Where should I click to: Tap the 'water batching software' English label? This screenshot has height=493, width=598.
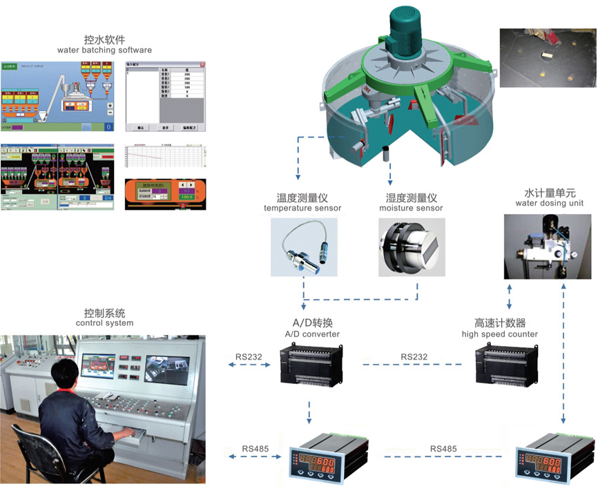pos(104,50)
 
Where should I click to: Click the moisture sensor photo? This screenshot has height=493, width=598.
pos(409,248)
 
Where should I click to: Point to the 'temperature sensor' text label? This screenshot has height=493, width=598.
pos(302,209)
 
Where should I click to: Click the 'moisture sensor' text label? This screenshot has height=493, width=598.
pos(411,209)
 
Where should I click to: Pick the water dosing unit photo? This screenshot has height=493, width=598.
pos(547,246)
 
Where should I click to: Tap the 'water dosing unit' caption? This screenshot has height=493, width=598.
pos(550,204)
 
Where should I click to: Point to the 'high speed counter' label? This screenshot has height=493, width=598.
pos(500,334)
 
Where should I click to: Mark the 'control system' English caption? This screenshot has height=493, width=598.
pos(104,322)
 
